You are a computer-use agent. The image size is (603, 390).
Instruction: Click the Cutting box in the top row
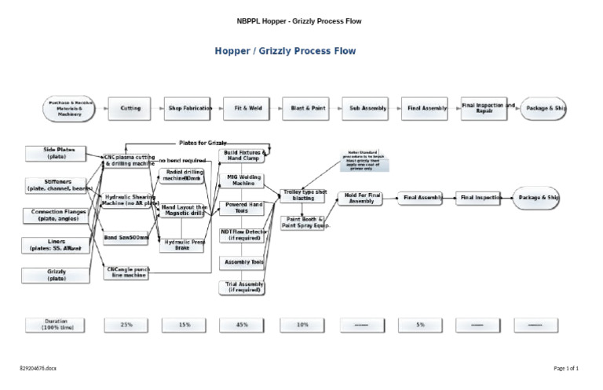click(x=130, y=108)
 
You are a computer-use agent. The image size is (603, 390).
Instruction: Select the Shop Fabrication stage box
click(x=187, y=108)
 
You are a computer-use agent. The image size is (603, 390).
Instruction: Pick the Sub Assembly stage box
click(x=364, y=108)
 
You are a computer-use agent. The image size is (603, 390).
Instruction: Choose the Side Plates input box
click(x=56, y=153)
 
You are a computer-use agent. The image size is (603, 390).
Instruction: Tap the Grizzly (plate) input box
click(x=56, y=275)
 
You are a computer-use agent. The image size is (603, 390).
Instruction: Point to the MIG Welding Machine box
click(x=244, y=181)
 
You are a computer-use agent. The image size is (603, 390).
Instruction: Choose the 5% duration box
click(x=421, y=323)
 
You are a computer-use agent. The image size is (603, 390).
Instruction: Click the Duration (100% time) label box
click(x=56, y=323)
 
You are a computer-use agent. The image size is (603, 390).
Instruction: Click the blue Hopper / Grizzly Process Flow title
click(x=286, y=52)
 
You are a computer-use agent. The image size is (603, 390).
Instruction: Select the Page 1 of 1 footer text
click(x=565, y=367)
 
